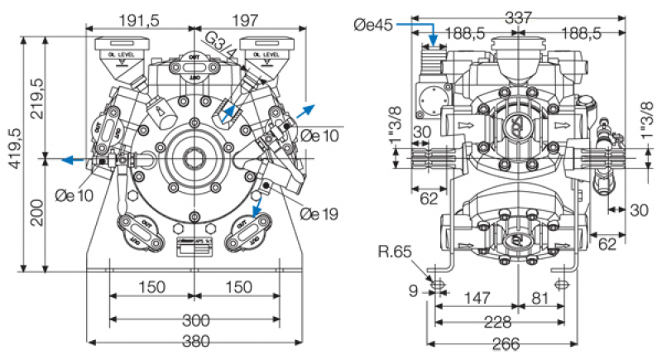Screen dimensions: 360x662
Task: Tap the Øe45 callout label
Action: [372, 26]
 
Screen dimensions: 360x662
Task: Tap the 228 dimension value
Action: [496, 321]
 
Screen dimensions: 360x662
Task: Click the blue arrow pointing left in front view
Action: [72, 159]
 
